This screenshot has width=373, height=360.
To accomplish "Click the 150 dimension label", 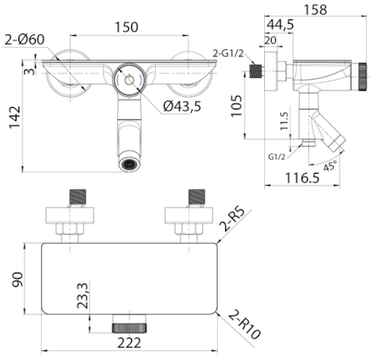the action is tap(126, 27).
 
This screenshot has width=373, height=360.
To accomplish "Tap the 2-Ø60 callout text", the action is tap(25, 40).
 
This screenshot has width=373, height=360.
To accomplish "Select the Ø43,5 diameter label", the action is tap(182, 107).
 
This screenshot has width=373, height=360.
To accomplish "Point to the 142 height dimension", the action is tap(15, 117).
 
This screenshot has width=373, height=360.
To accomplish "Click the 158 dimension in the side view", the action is tap(316, 10).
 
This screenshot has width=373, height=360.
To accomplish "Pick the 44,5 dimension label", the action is tap(280, 25).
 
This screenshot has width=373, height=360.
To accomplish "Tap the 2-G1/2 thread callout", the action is tap(228, 53).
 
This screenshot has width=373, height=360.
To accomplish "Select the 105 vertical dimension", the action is tap(236, 106).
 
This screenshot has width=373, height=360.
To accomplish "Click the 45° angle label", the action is tap(330, 165).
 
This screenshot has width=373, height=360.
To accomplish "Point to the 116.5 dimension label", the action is tap(302, 177).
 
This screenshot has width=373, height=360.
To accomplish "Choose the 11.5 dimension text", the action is tap(283, 121).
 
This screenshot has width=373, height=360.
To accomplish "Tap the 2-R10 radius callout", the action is tap(244, 325).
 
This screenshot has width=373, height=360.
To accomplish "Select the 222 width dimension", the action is tap(129, 343).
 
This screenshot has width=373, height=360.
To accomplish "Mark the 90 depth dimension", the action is tap(18, 280).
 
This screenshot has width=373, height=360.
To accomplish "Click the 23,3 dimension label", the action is tap(83, 295).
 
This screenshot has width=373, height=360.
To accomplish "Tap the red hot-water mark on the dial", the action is tap(117, 80).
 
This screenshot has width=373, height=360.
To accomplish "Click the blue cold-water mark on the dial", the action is tap(140, 80).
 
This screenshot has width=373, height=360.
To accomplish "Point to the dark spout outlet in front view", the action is tap(129, 164).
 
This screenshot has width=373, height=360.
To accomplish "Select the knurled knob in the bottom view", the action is tap(129, 328).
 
